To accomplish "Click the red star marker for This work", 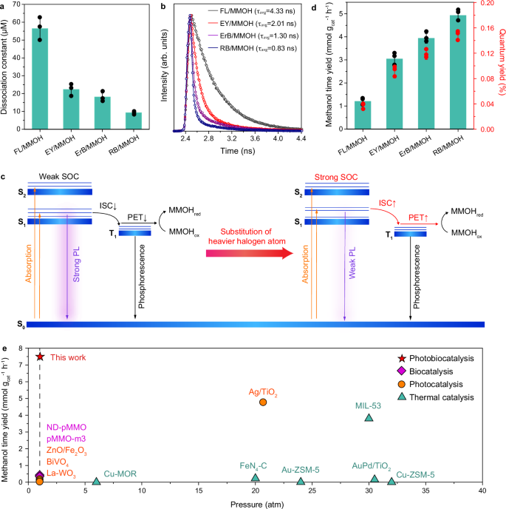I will tap(40, 357).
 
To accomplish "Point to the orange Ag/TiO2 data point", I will tap(263, 402).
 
